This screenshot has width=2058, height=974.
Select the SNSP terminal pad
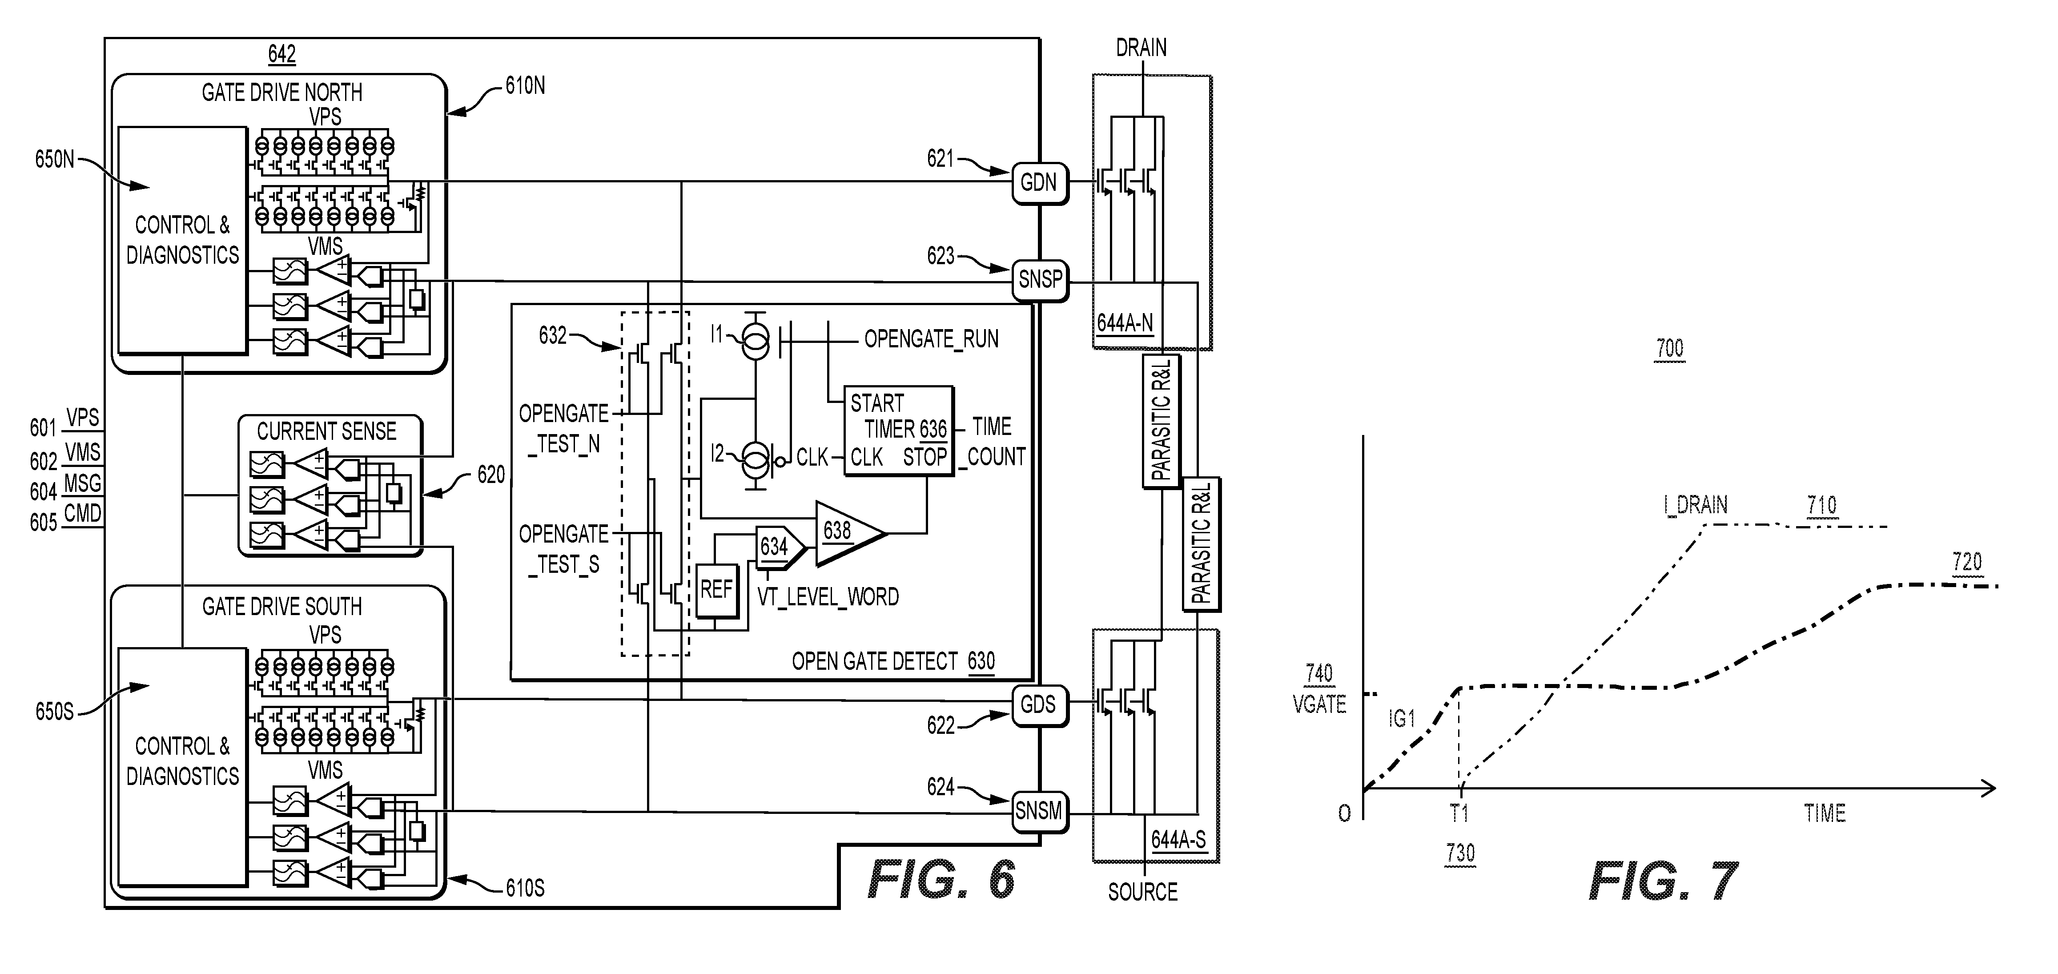point(1039,281)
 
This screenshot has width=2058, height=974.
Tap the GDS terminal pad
point(1039,705)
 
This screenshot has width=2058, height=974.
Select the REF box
point(717,591)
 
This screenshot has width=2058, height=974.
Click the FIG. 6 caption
point(941,881)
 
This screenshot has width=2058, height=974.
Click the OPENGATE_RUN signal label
point(932,340)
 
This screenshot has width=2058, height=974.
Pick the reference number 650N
point(54,160)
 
